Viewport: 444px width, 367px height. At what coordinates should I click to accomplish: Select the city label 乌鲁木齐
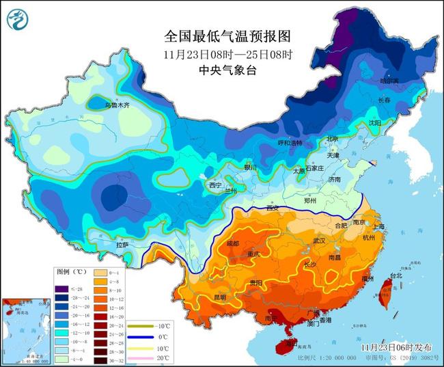(117, 106)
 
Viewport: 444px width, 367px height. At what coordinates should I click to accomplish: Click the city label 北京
(332, 139)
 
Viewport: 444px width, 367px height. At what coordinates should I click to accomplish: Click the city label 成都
(234, 243)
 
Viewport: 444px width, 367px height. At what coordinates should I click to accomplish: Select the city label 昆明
(219, 297)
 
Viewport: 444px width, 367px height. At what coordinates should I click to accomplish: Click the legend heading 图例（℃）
(70, 271)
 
